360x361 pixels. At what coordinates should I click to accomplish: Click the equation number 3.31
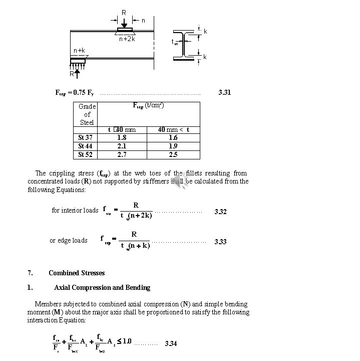(x=225, y=93)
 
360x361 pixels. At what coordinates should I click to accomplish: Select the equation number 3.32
(x=220, y=212)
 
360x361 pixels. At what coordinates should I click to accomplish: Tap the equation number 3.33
(x=220, y=242)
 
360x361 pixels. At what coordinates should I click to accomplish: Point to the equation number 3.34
(x=171, y=343)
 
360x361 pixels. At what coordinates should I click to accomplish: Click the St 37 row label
(x=85, y=137)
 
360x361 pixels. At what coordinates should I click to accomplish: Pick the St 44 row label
(x=85, y=146)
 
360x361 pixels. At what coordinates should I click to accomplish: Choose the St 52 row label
(x=85, y=154)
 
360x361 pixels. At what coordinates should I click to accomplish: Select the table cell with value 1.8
(x=121, y=137)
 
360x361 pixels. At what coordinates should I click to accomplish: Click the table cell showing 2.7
(x=121, y=154)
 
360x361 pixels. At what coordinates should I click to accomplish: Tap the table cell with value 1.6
(x=173, y=137)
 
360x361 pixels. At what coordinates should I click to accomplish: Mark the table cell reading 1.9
(x=173, y=146)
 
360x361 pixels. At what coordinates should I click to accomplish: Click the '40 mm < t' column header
(x=173, y=129)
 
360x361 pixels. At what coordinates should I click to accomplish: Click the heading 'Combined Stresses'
(x=77, y=273)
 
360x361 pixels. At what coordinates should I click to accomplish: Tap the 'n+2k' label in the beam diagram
(x=127, y=39)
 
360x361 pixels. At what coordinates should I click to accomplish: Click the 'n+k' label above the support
(x=79, y=51)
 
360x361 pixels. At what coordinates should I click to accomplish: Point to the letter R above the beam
(x=124, y=12)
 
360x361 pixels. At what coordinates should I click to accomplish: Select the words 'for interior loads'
(x=75, y=210)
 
